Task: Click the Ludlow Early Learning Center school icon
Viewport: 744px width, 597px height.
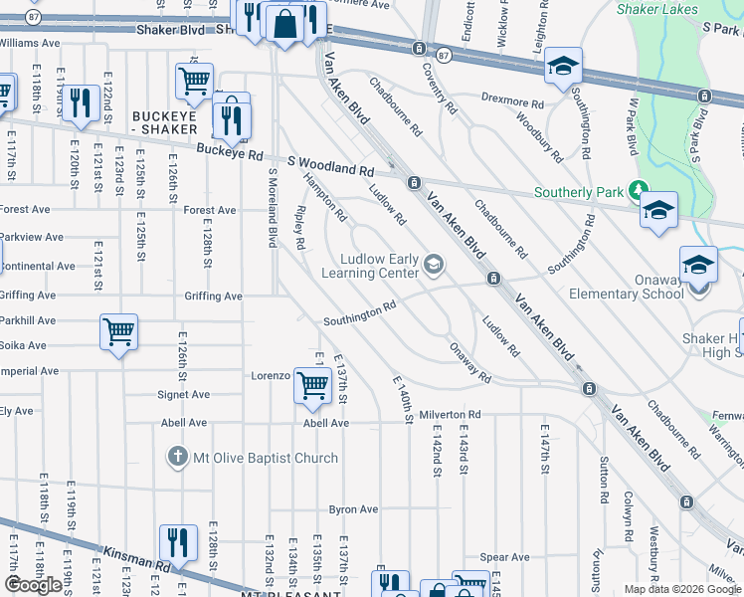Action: tap(433, 264)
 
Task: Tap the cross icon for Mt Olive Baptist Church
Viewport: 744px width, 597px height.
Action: tap(176, 457)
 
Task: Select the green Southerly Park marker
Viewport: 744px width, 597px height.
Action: tap(638, 191)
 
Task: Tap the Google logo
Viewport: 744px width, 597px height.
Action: tap(33, 584)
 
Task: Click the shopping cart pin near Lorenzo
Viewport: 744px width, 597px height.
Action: tap(313, 384)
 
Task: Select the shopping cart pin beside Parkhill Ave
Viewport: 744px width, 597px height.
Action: tap(118, 331)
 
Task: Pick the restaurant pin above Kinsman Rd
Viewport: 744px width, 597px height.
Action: tap(179, 541)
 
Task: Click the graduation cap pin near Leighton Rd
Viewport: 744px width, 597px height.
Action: tap(563, 67)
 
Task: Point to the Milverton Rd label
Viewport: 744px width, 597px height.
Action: tap(449, 414)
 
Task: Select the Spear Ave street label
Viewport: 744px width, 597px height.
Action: tap(504, 557)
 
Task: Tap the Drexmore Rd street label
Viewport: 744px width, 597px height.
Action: tap(512, 102)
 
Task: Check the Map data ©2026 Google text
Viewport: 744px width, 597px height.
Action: tap(681, 589)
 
